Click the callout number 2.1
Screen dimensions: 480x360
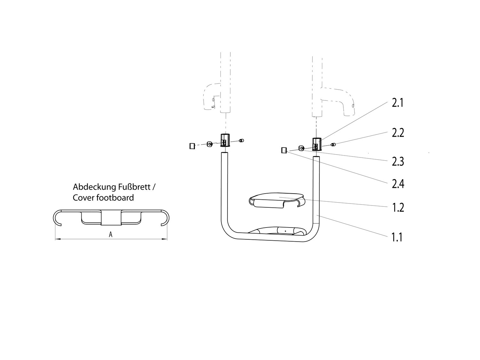click(397, 103)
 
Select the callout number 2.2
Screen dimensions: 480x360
click(398, 133)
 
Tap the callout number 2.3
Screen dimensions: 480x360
click(398, 162)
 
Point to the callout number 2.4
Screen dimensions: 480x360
click(398, 184)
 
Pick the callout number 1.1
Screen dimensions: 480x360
click(397, 237)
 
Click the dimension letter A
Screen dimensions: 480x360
click(111, 235)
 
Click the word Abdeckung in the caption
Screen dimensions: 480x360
click(94, 187)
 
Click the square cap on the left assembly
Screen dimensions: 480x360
click(192, 146)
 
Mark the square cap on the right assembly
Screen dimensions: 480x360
click(284, 150)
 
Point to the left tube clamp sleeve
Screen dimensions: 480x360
click(225, 140)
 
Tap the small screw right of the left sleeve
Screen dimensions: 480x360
click(241, 140)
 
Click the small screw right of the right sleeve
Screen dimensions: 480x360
click(333, 144)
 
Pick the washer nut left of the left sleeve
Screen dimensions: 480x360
click(210, 144)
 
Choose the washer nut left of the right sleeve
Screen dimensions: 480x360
click(301, 148)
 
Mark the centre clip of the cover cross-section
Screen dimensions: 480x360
click(111, 218)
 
